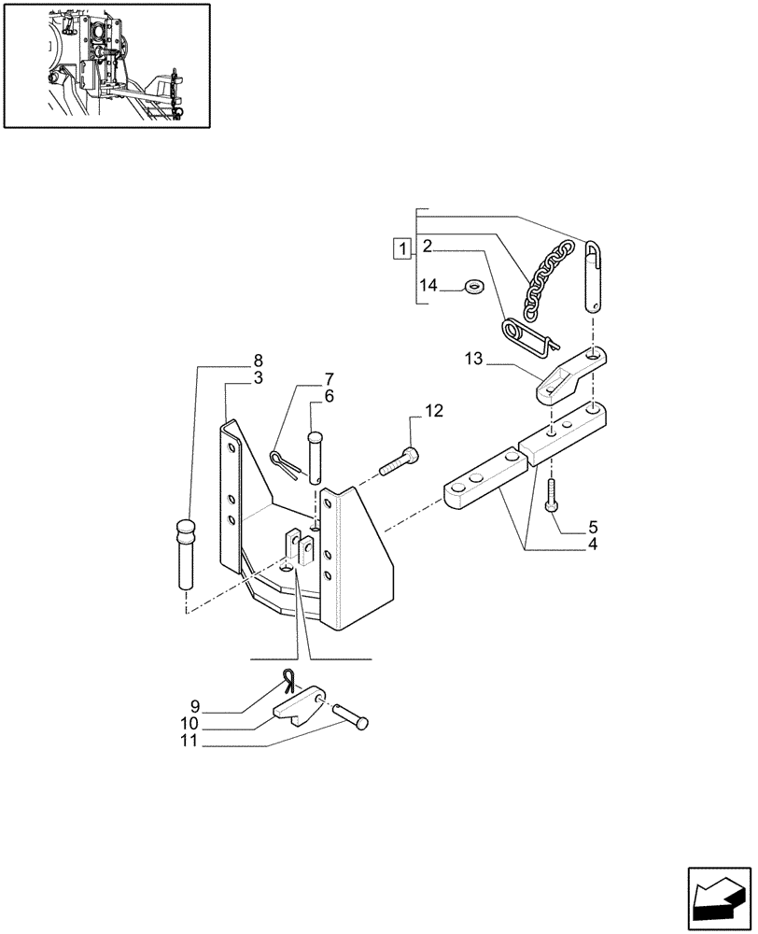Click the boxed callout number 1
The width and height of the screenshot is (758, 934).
401,248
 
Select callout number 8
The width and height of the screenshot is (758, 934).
257,361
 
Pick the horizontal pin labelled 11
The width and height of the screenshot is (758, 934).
349,717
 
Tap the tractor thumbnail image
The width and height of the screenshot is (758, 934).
105,64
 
